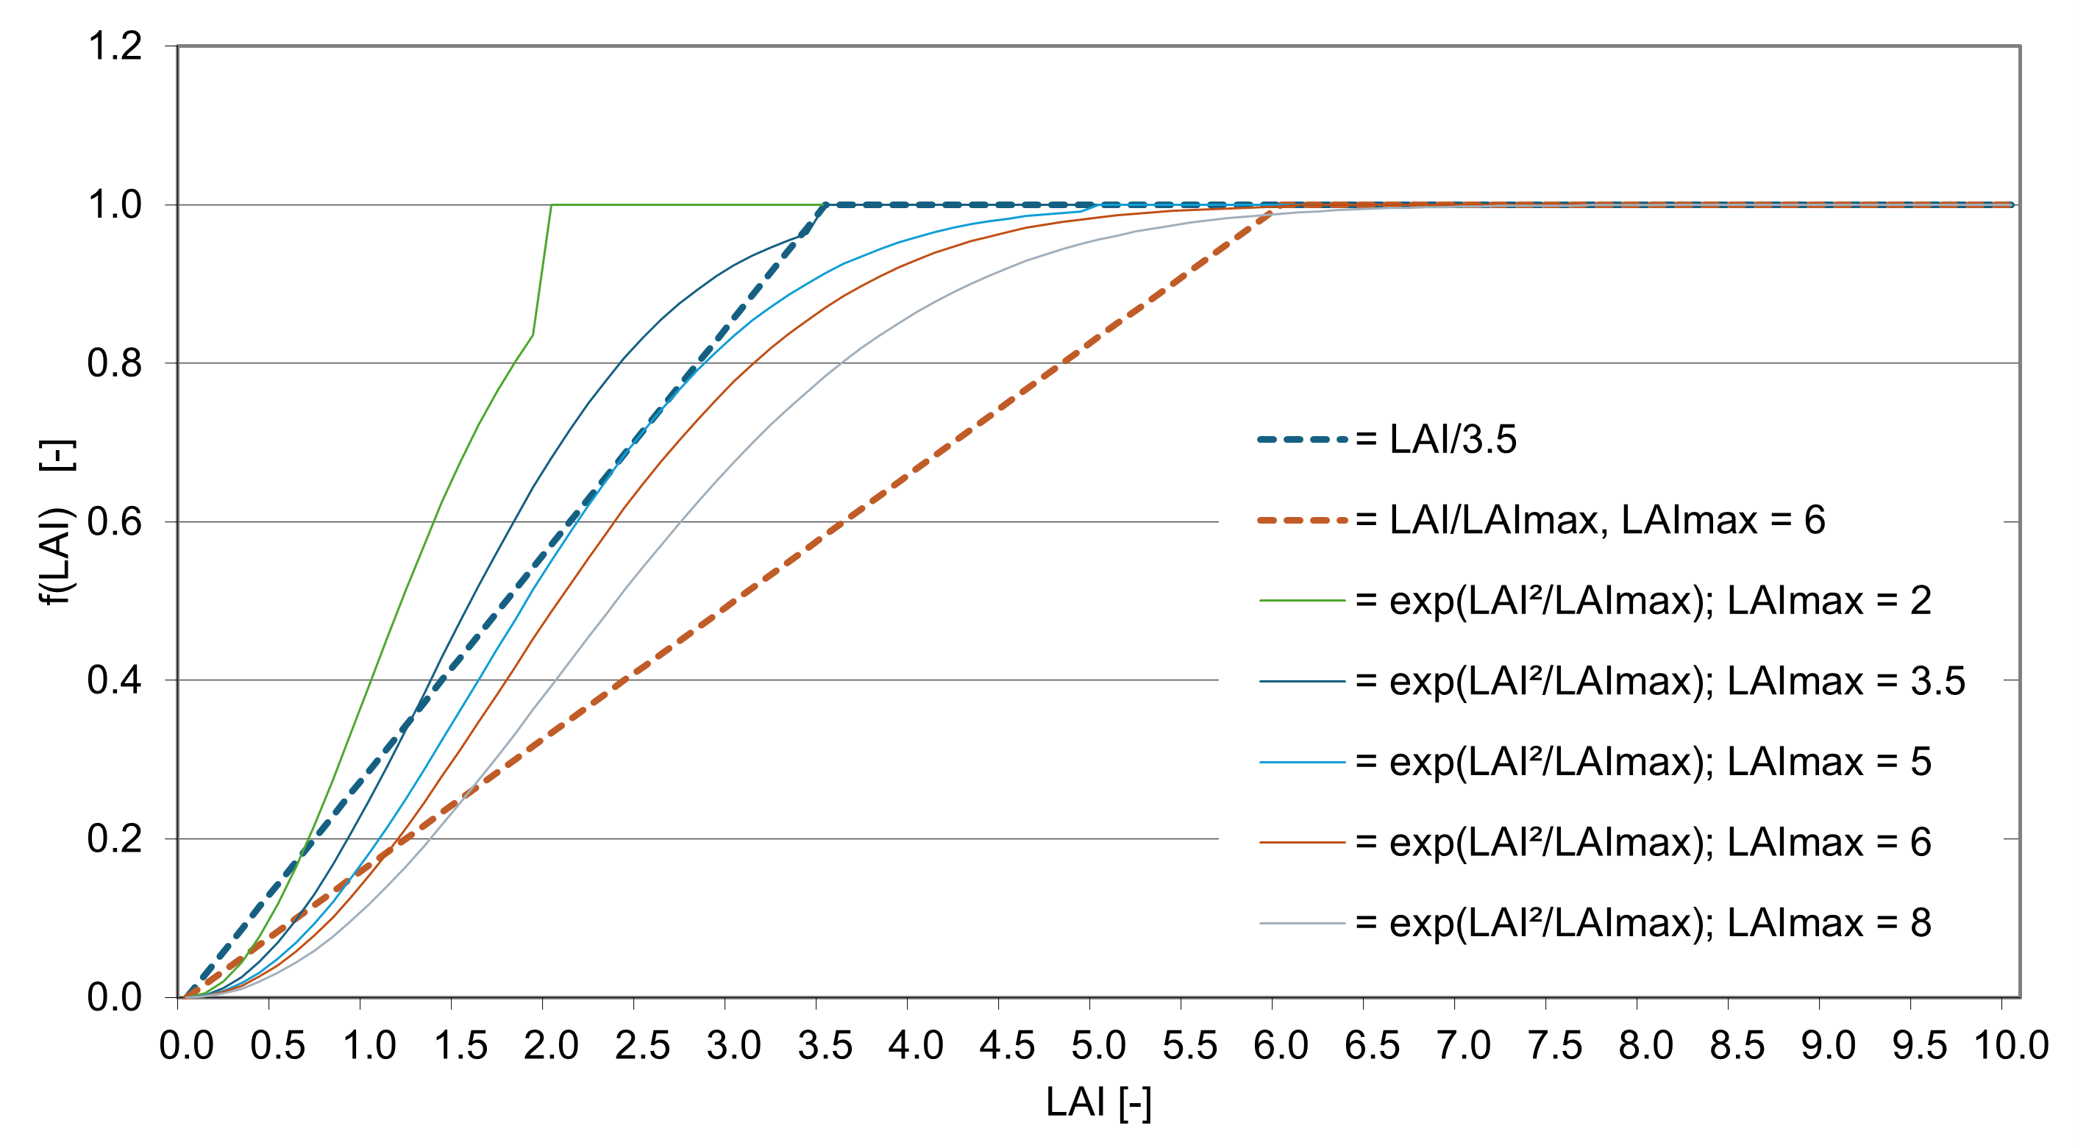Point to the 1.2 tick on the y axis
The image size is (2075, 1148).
click(115, 46)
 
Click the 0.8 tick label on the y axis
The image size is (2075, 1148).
click(115, 363)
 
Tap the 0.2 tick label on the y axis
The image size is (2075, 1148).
click(115, 839)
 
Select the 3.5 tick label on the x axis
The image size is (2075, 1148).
click(825, 1046)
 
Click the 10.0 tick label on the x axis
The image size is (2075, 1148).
click(2010, 1046)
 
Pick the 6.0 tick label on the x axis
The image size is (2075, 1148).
click(1281, 1046)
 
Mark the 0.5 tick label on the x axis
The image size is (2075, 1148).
click(277, 1046)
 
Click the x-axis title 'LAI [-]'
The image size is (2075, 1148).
click(1098, 1102)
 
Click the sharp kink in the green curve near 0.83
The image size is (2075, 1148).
click(533, 335)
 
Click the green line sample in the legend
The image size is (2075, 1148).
click(1302, 601)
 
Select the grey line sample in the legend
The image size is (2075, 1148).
click(1302, 923)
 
